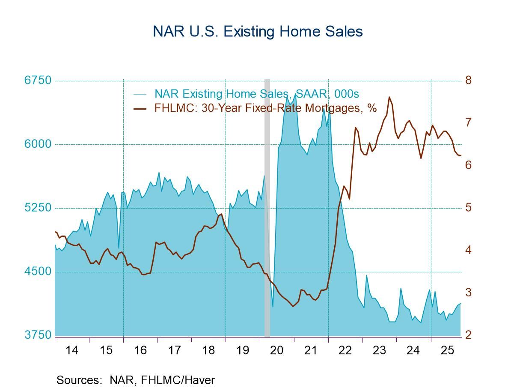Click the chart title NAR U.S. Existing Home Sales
click(258, 32)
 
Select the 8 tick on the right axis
click(468, 81)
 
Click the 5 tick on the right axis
click(468, 208)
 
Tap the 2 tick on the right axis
click(468, 335)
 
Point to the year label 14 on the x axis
click(72, 350)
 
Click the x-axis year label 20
click(277, 350)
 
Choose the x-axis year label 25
click(447, 350)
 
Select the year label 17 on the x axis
click(174, 350)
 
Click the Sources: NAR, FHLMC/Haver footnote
click(135, 380)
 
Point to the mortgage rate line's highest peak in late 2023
click(389, 97)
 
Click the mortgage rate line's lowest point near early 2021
click(293, 306)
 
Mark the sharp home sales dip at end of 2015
click(119, 248)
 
